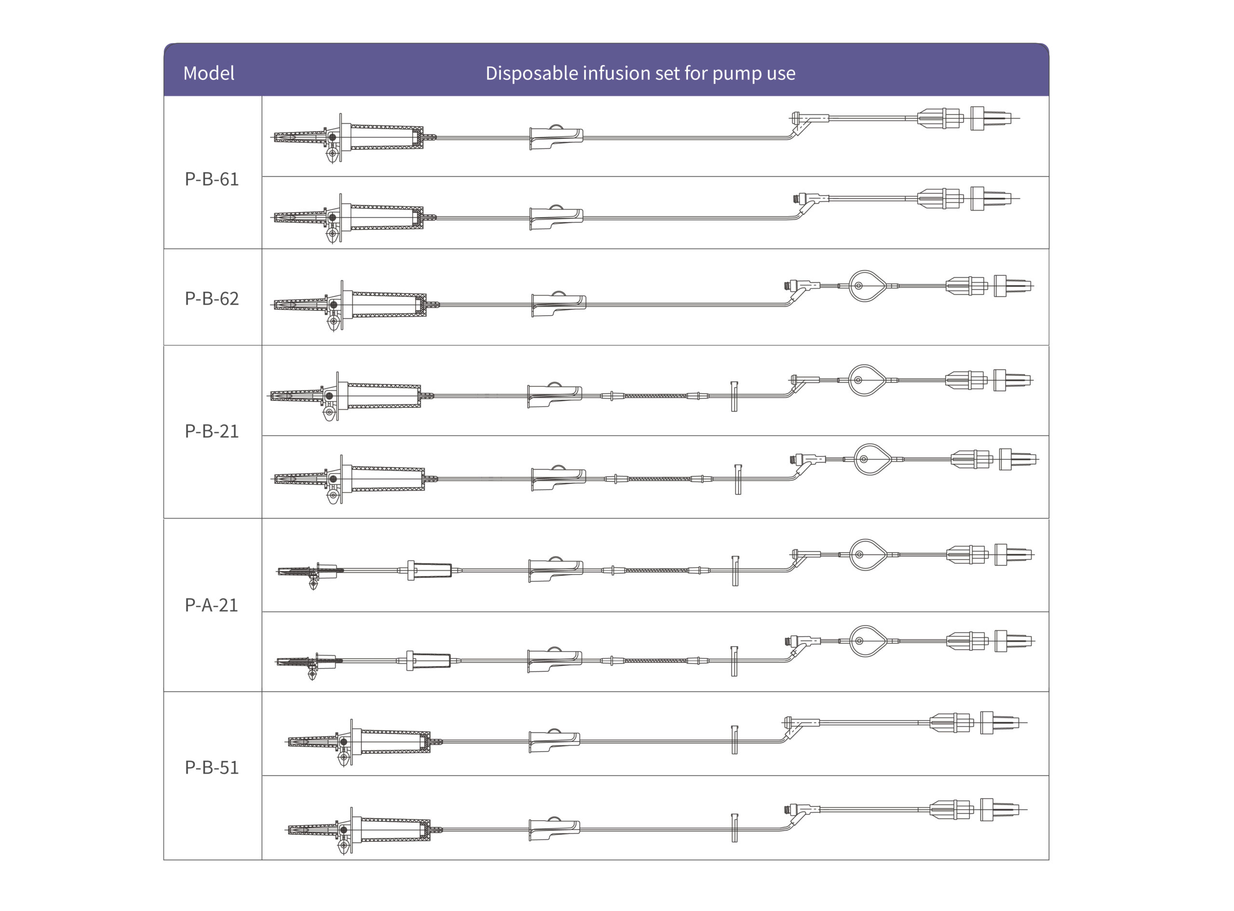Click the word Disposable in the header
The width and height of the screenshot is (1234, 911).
(x=532, y=73)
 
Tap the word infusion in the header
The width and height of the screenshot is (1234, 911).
(x=617, y=73)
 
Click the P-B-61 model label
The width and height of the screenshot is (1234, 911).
(x=212, y=179)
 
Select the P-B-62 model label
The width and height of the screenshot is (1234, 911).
(x=212, y=298)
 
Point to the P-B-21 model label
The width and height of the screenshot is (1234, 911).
(x=212, y=431)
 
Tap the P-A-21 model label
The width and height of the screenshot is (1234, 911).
(x=211, y=605)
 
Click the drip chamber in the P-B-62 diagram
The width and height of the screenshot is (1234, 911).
(x=386, y=305)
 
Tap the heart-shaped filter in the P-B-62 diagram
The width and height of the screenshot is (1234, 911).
(x=867, y=286)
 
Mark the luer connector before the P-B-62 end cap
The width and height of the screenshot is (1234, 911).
(x=966, y=286)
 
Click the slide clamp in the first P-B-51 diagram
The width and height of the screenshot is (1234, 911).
(x=735, y=739)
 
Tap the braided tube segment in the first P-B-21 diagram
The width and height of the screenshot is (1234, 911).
(x=655, y=395)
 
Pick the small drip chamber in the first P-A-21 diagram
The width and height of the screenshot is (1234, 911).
(x=429, y=570)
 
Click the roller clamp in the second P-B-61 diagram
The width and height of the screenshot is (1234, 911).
(x=556, y=217)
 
